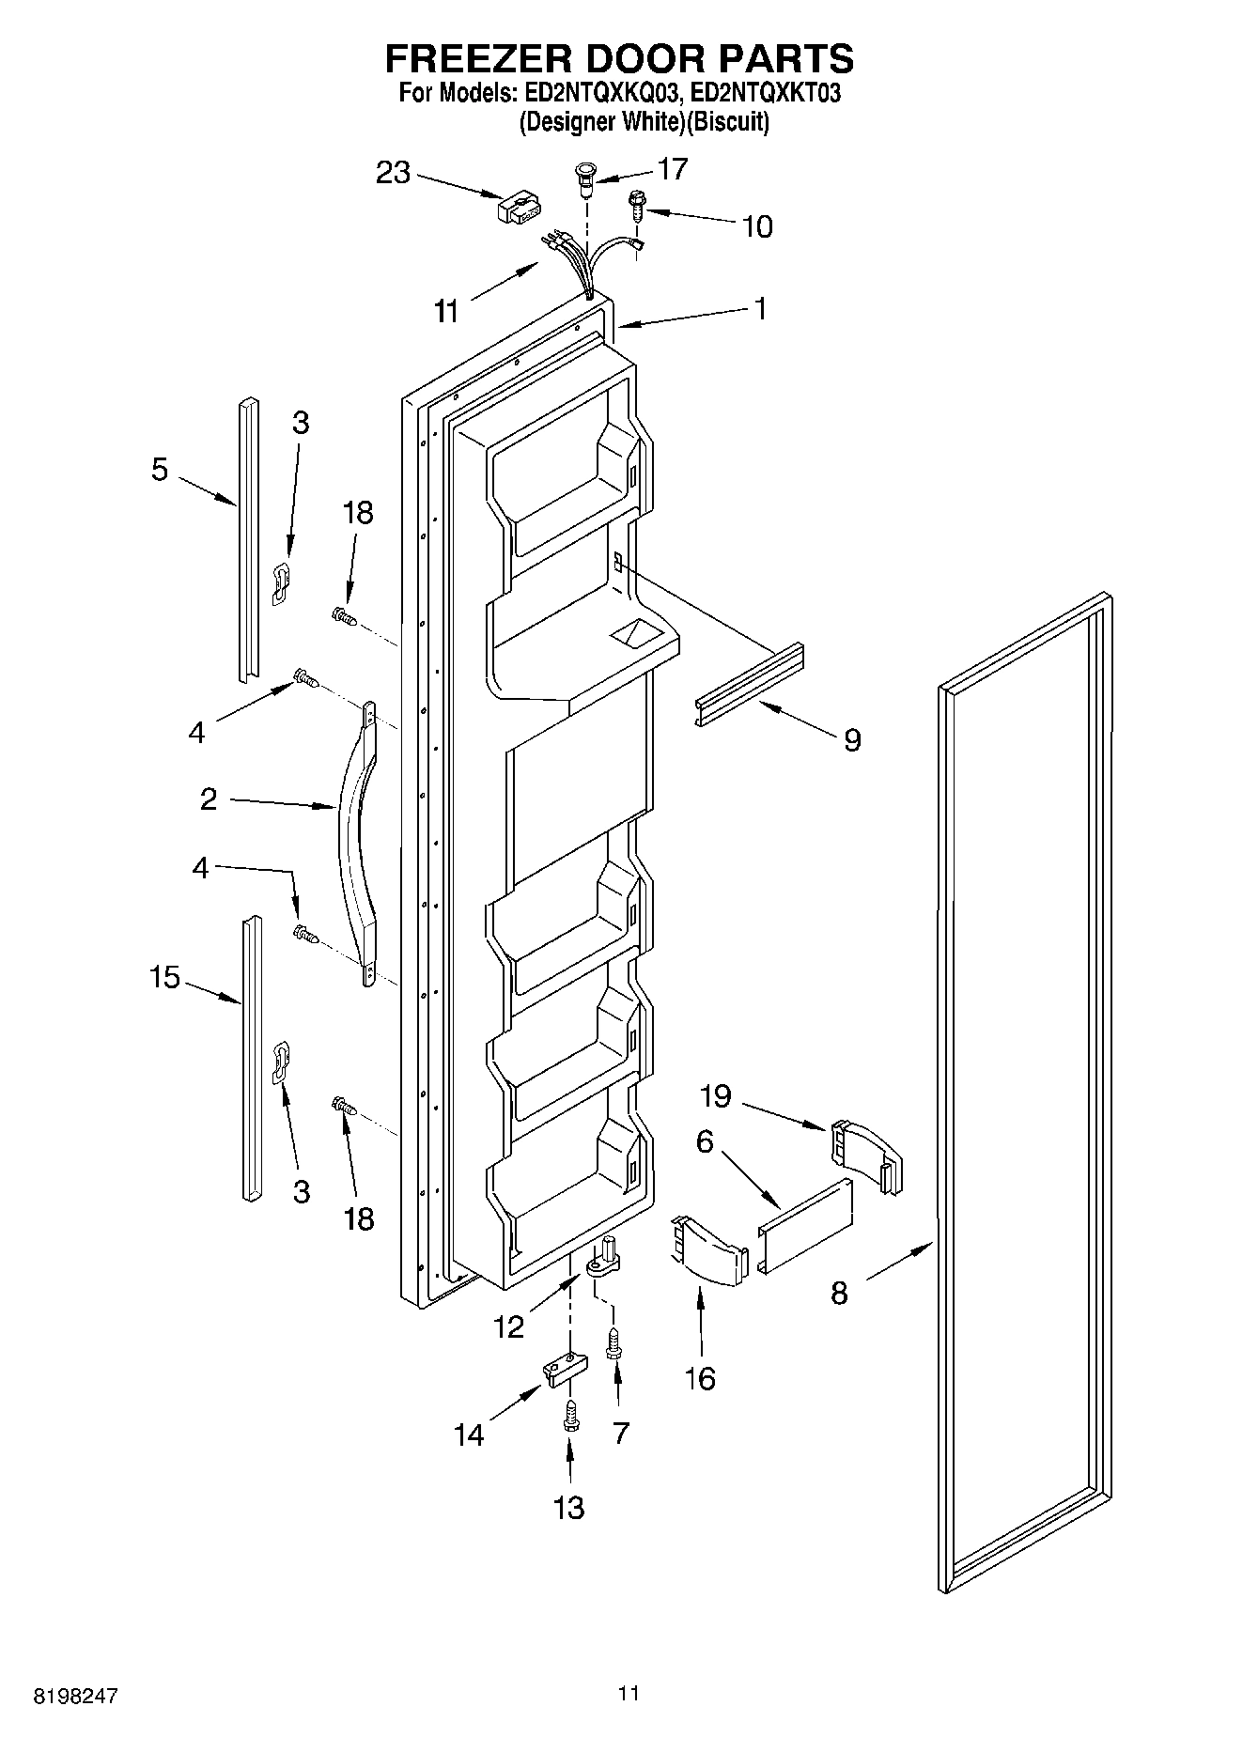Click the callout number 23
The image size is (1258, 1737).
pyautogui.click(x=394, y=173)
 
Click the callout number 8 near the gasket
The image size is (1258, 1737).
pyautogui.click(x=839, y=1294)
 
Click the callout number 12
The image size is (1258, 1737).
pyautogui.click(x=508, y=1326)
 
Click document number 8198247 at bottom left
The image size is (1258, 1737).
pyautogui.click(x=77, y=1697)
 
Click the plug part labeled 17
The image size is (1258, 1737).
pyautogui.click(x=585, y=178)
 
